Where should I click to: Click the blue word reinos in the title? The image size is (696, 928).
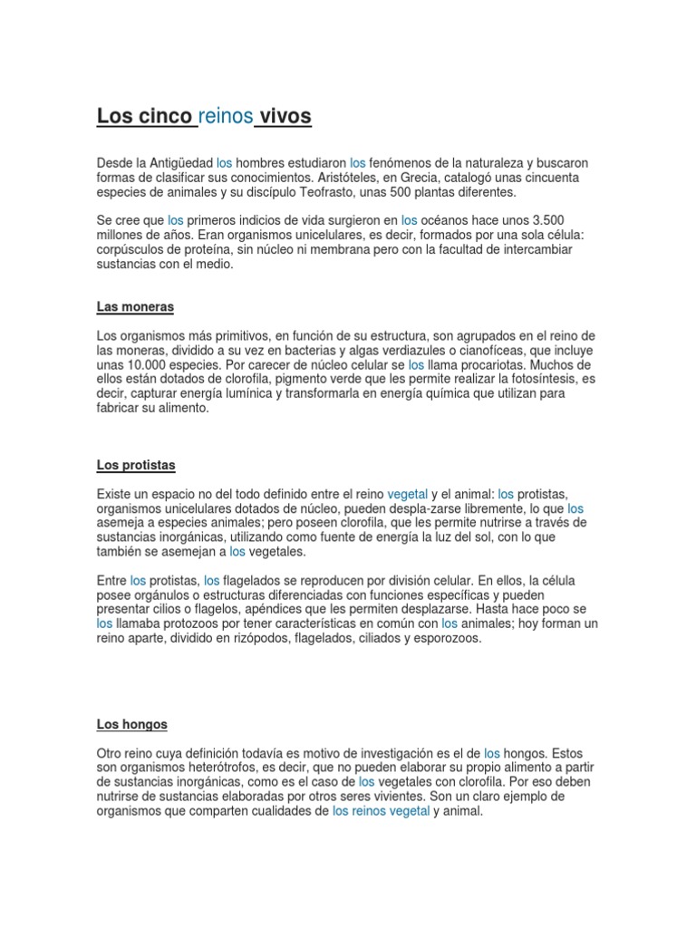click(x=226, y=116)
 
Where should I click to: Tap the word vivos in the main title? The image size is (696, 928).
click(x=285, y=116)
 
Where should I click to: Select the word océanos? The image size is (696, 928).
click(x=450, y=220)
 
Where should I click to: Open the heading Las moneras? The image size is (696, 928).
click(x=135, y=307)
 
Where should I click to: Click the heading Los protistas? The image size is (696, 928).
click(x=136, y=466)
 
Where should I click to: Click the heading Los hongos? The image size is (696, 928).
click(x=132, y=725)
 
